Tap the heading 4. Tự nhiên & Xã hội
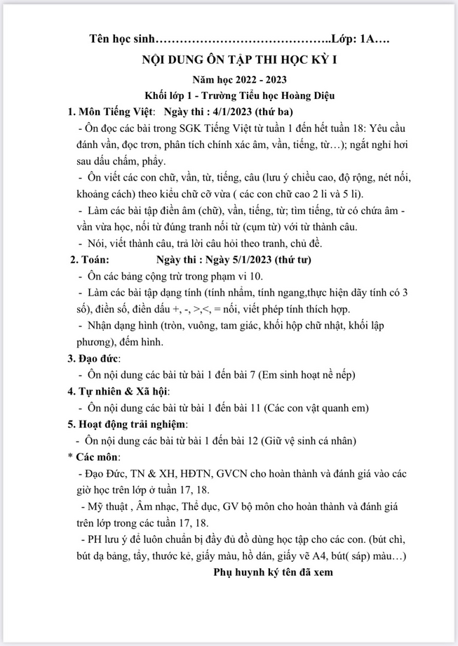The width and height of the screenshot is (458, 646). (x=119, y=391)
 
